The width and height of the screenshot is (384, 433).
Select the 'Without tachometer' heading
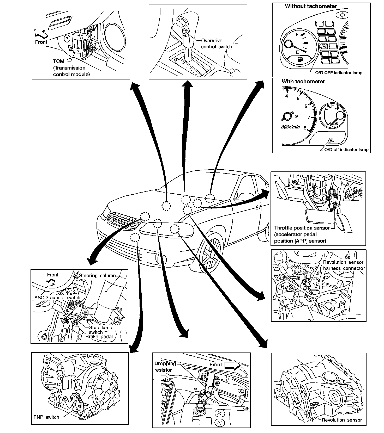click(311, 6)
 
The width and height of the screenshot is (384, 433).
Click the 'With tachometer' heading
click(303, 82)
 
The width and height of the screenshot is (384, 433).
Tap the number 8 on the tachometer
click(305, 128)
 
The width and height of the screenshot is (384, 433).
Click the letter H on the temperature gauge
click(333, 106)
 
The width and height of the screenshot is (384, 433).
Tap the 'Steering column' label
click(97, 275)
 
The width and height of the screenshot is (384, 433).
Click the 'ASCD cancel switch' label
click(57, 298)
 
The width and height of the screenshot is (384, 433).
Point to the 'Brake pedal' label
click(99, 337)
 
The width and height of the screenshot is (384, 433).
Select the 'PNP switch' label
click(46, 417)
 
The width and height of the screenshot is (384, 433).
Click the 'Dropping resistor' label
click(165, 367)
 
